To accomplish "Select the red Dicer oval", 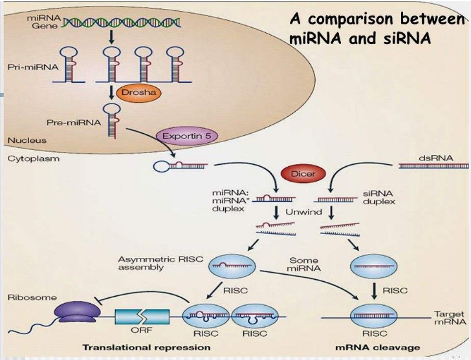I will point(302,174).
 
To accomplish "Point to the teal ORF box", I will point(142,317).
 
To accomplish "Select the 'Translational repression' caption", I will point(146,348).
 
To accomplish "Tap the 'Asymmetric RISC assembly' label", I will point(159,263).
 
